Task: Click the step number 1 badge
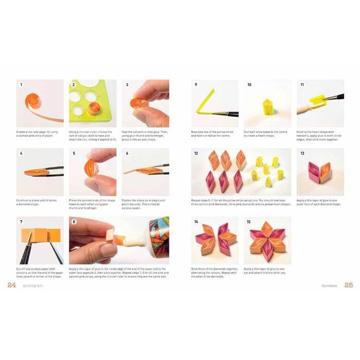pyautogui.click(x=22, y=84)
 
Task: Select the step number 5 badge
pyautogui.click(x=74, y=153)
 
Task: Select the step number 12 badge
pyautogui.click(x=196, y=153)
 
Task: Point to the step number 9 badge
pyautogui.click(x=196, y=84)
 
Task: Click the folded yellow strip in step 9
pyautogui.click(x=205, y=105)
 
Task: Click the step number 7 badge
pyautogui.click(x=22, y=222)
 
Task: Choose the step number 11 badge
pyautogui.click(x=302, y=84)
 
